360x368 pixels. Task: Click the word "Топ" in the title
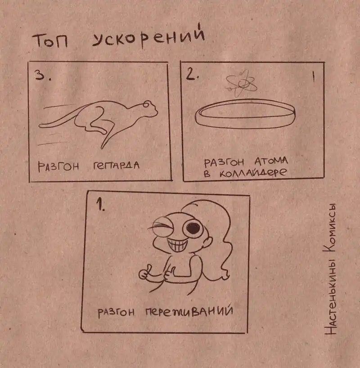click(50, 40)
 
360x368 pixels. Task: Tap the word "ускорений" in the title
click(148, 37)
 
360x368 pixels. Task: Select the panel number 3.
click(42, 75)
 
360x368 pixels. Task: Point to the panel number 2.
click(192, 75)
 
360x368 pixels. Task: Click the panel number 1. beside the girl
click(101, 204)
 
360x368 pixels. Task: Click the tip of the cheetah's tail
click(40, 126)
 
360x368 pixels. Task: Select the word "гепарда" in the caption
click(116, 166)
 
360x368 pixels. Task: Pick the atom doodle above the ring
click(241, 84)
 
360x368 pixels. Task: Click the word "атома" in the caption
click(271, 161)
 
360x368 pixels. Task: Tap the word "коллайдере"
click(253, 173)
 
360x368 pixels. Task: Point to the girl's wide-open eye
click(193, 228)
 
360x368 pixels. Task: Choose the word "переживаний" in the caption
click(189, 311)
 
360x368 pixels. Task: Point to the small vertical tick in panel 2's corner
click(313, 76)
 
